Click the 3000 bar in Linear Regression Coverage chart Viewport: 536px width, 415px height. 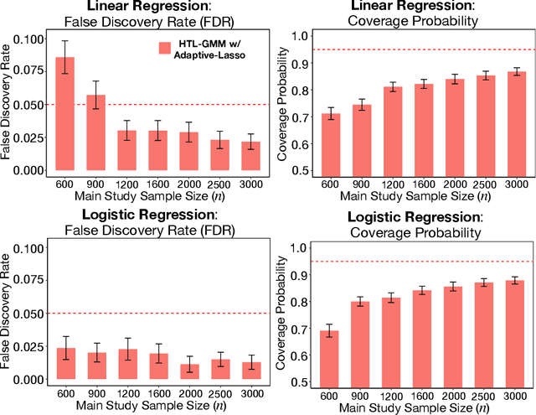(x=518, y=122)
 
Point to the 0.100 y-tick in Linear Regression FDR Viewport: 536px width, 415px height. (x=27, y=39)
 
